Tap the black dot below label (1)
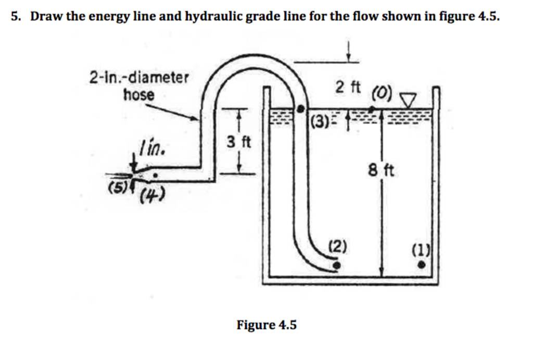click(423, 265)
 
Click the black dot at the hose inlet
click(337, 265)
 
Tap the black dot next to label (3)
click(300, 109)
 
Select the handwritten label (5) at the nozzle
click(116, 187)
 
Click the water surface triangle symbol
click(410, 99)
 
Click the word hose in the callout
click(139, 95)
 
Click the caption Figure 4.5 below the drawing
click(266, 325)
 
